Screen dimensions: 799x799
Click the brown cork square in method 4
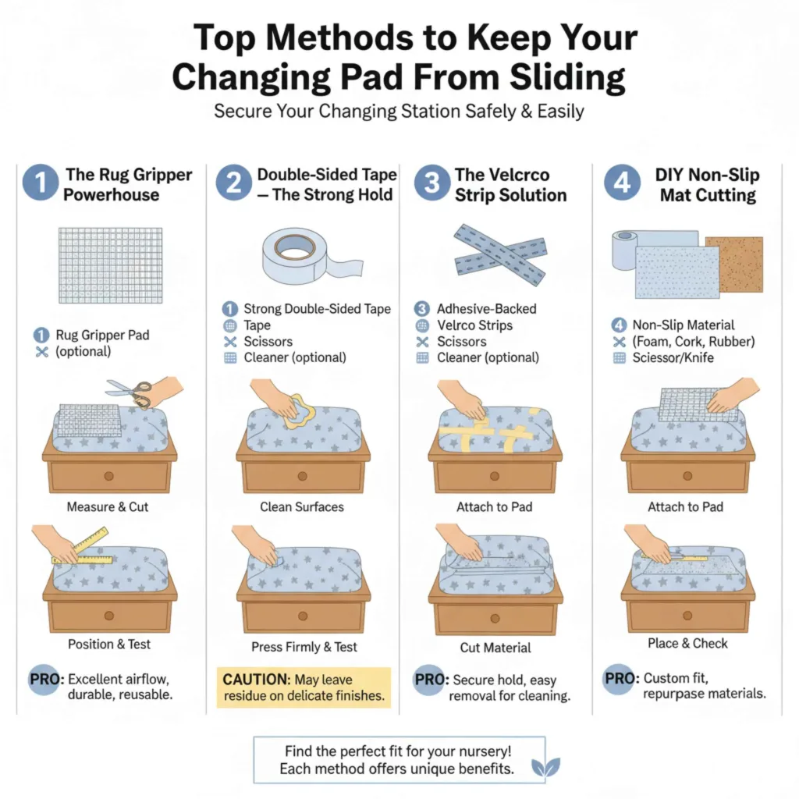coord(733,265)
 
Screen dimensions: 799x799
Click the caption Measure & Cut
coord(108,506)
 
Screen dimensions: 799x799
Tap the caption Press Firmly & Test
coord(304,647)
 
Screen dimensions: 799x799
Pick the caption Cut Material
coord(495,648)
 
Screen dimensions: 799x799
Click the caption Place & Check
coord(687,644)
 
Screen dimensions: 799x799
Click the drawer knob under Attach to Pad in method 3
coord(494,475)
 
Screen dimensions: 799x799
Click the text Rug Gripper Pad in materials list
coord(102,335)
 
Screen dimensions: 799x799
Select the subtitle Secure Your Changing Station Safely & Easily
coord(399,112)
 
